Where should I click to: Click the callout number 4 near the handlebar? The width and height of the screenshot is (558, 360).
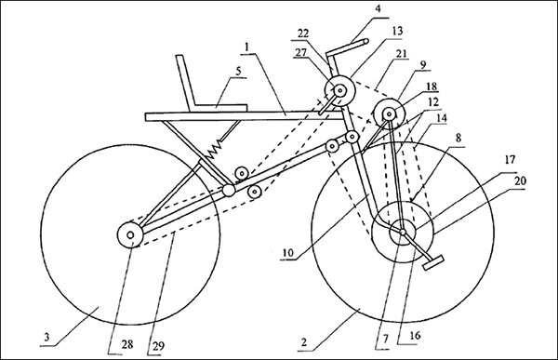[378, 8]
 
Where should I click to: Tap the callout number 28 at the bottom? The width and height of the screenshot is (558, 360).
[127, 344]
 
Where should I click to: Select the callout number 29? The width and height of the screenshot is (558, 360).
[158, 346]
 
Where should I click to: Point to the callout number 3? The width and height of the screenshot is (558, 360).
[46, 337]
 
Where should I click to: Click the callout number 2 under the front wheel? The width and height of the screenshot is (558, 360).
[303, 342]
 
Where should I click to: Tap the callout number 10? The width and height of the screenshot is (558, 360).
[287, 252]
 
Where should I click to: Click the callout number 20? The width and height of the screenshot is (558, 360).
[520, 180]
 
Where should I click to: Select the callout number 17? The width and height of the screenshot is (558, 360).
[510, 160]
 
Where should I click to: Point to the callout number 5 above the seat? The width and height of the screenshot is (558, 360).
[238, 71]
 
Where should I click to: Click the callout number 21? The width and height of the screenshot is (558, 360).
[401, 53]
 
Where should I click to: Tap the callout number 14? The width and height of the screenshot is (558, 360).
[441, 118]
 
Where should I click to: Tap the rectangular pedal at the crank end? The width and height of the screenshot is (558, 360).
[433, 262]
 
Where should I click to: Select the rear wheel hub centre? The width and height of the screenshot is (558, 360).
[130, 235]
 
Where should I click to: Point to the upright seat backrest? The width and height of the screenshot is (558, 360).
[186, 81]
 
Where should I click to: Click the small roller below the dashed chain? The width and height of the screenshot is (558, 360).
[255, 193]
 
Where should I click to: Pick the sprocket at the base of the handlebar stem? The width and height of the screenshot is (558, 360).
[340, 91]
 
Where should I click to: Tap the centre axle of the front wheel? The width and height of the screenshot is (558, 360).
[403, 232]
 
